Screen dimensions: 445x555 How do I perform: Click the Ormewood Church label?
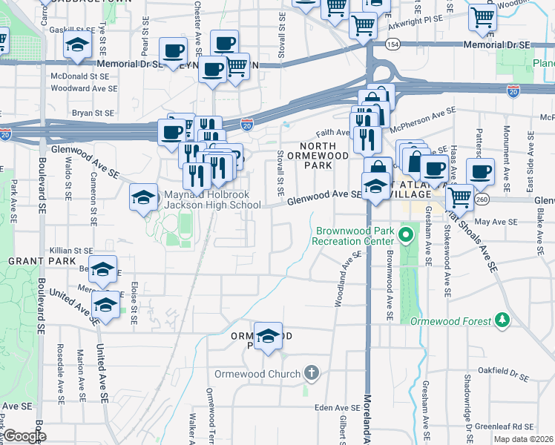258,373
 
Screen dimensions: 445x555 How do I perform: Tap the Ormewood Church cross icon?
312,372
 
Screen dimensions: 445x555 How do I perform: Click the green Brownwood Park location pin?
405,237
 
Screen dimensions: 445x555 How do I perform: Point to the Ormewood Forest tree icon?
503,320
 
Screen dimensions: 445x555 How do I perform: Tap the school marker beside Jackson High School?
143,197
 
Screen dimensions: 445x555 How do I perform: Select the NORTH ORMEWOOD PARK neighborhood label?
324,156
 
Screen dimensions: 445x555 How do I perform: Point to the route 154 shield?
392,44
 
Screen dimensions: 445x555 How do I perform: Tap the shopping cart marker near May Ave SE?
459,197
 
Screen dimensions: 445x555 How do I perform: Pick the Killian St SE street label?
70,251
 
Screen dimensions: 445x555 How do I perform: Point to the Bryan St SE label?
93,113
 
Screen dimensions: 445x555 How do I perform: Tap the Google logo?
24,436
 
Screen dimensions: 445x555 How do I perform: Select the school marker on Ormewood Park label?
268,335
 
